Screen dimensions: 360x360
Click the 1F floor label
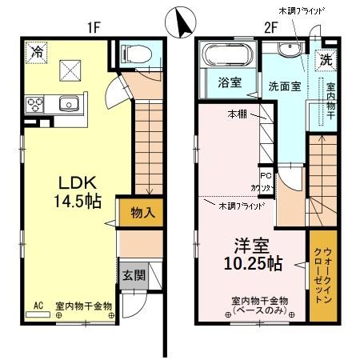(94, 26)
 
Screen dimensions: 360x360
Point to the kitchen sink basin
(68, 102)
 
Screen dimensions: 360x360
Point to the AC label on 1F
(38, 305)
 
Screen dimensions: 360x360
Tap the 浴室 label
(226, 83)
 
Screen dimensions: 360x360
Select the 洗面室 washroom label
(284, 86)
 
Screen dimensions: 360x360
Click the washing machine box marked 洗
(326, 58)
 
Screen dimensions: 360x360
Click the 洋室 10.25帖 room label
(250, 252)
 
